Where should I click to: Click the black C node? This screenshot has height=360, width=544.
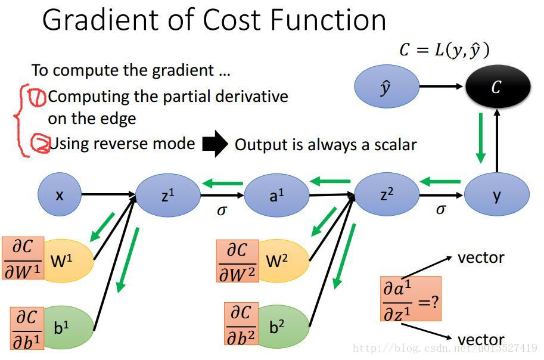tap(497, 87)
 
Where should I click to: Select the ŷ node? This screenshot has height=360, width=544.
tap(387, 87)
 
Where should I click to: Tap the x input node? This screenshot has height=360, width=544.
tap(60, 194)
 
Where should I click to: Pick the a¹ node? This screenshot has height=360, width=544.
tap(276, 194)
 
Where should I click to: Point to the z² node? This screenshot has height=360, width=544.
tap(387, 194)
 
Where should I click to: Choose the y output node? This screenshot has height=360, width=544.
tap(496, 194)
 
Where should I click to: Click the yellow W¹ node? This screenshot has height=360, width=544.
tap(69, 260)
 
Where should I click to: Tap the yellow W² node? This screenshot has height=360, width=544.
tap(284, 261)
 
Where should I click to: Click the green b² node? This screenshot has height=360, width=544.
tap(282, 327)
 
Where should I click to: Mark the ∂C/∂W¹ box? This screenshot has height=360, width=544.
tap(22, 259)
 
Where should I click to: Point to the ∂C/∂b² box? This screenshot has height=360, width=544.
tap(241, 325)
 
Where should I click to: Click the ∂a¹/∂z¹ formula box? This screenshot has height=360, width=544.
tap(411, 299)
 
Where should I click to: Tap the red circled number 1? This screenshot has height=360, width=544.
tap(38, 97)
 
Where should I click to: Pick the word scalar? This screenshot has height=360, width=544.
tap(390, 144)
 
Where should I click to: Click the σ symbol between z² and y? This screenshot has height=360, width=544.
tap(441, 209)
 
